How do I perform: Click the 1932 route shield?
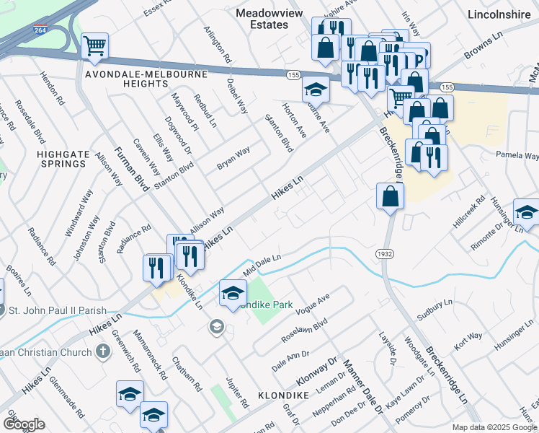pyautogui.click(x=383, y=253)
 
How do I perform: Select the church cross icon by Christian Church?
pyautogui.click(x=102, y=351)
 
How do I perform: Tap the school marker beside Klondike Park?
pyautogui.click(x=232, y=294)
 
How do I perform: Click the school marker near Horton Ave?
pyautogui.click(x=315, y=90)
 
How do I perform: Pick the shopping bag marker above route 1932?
pyautogui.click(x=389, y=197)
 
